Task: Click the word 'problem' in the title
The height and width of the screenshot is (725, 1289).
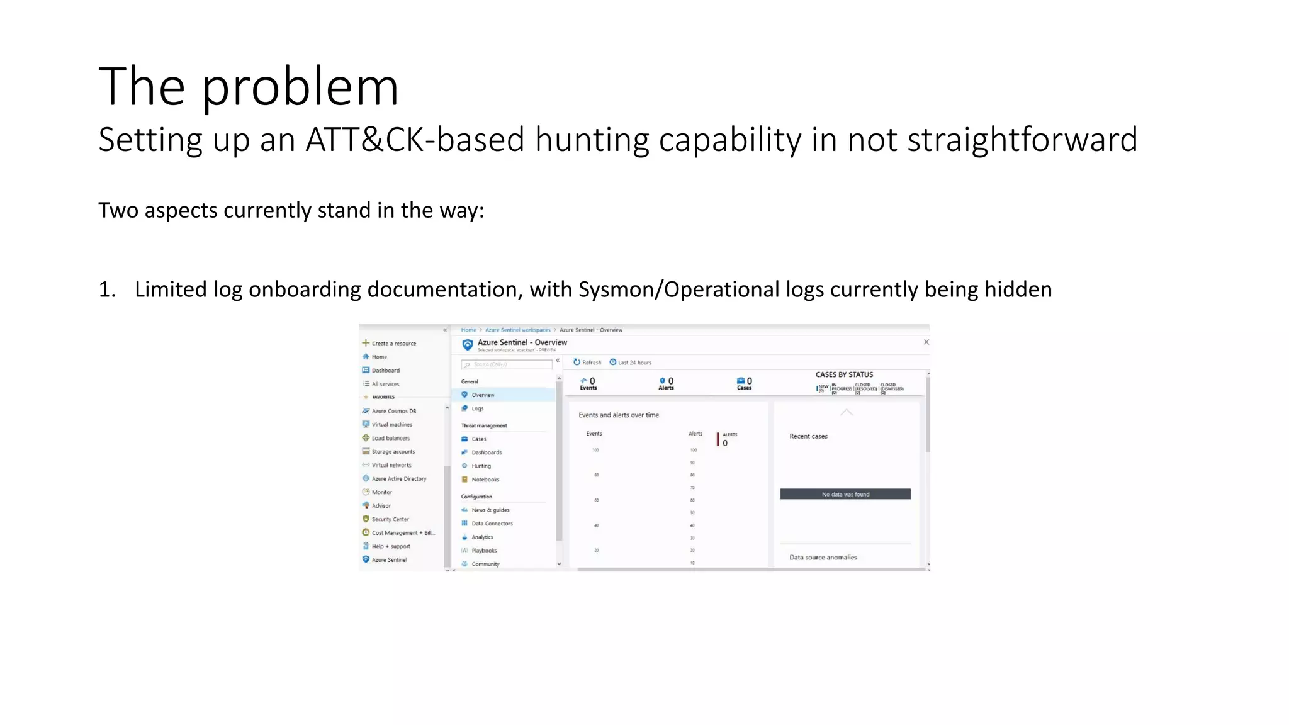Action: [x=300, y=87]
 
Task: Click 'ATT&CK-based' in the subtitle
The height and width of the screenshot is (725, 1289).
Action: [x=414, y=140]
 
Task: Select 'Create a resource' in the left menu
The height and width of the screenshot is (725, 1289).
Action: [x=393, y=344]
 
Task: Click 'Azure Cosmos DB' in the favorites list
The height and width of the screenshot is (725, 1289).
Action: [x=393, y=411]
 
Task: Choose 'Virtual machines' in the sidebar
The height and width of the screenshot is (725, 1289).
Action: [x=391, y=425]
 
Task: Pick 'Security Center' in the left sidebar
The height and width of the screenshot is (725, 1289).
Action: [x=390, y=519]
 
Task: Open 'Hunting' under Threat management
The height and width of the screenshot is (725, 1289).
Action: [x=481, y=466]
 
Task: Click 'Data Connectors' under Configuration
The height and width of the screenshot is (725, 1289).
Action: [x=492, y=524]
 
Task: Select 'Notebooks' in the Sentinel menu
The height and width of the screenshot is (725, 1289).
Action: [x=485, y=480]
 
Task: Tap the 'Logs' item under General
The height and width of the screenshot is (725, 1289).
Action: [x=478, y=409]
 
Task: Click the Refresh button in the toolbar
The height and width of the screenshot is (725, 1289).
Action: [x=587, y=362]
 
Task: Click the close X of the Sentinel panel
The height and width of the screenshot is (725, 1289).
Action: [x=926, y=342]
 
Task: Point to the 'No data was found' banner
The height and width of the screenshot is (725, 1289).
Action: [x=845, y=495]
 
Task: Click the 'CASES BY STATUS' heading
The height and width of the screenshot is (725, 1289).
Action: [x=844, y=374]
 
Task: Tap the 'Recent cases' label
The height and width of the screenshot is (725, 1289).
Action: [x=808, y=436]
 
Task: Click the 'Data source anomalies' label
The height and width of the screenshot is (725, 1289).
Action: [x=823, y=558]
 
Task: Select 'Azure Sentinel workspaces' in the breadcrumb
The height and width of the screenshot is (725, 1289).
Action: [x=517, y=330]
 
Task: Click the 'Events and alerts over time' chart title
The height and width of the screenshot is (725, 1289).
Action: [x=619, y=415]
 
